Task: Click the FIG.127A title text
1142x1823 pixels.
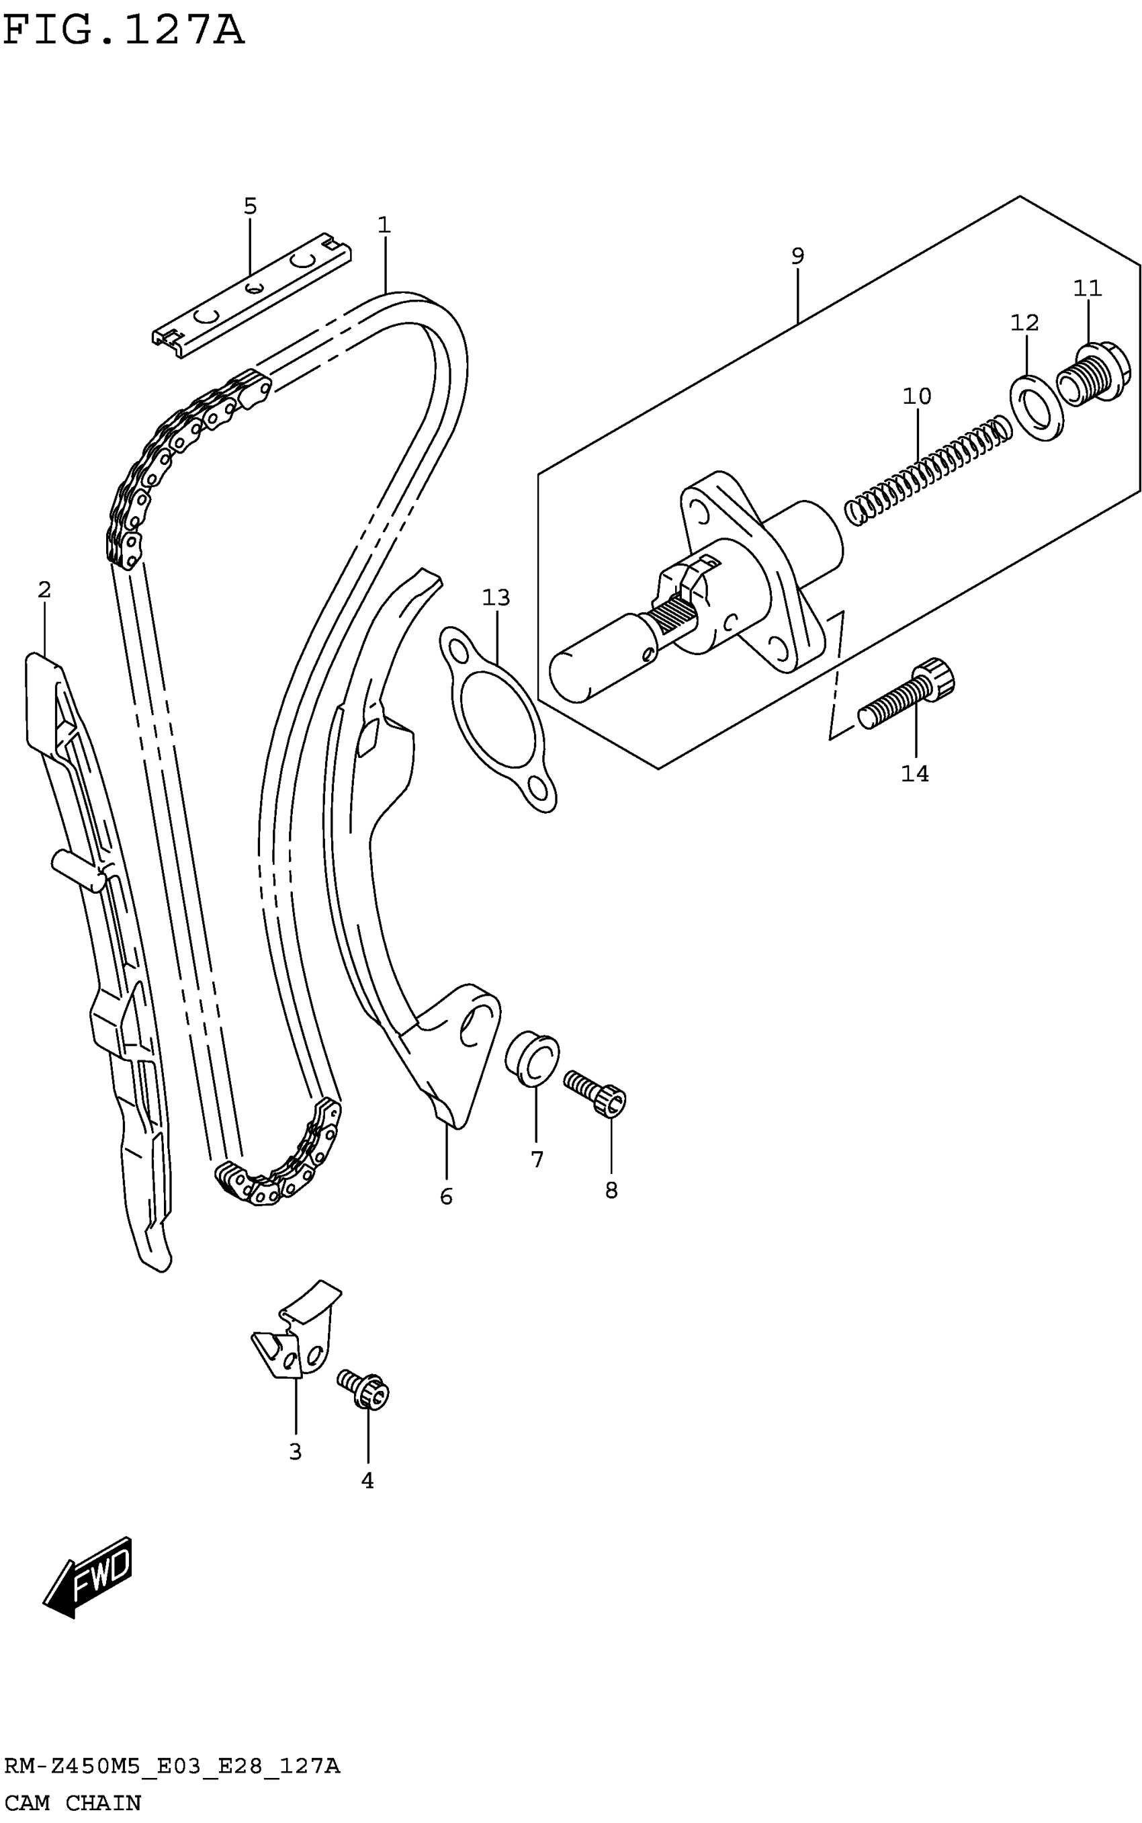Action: point(123,31)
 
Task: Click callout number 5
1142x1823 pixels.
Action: point(250,206)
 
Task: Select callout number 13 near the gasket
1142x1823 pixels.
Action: point(496,597)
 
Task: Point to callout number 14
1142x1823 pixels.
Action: point(915,773)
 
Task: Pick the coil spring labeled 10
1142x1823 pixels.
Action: point(928,468)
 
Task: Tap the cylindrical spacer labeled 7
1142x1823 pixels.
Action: point(533,1057)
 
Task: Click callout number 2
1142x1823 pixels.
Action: point(44,589)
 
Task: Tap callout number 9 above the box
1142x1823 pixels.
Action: point(797,255)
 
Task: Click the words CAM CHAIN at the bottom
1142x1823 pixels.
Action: point(73,1803)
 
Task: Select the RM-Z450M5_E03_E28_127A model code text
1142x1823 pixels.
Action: point(172,1767)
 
